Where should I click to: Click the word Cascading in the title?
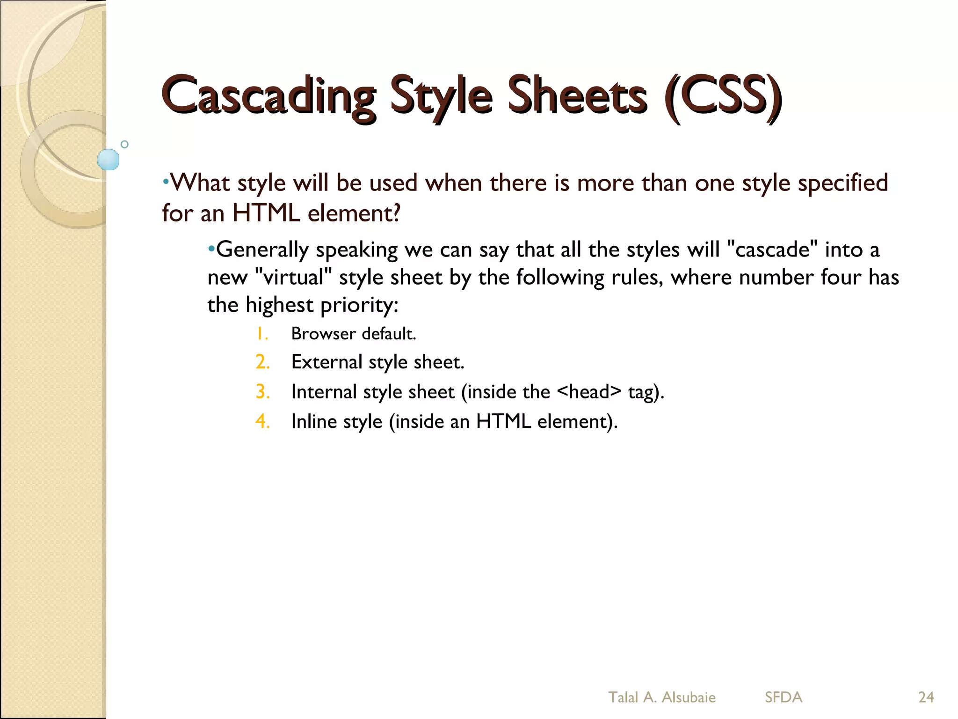269,96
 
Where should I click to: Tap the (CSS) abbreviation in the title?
723,96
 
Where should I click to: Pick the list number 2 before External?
262,362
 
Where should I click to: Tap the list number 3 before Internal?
262,392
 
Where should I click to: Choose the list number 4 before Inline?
262,421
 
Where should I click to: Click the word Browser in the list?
323,334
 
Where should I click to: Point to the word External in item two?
327,362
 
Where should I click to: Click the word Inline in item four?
314,421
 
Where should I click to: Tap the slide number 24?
926,697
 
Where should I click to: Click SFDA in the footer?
783,697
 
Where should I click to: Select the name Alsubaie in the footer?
689,697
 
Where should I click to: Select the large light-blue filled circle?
108,159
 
